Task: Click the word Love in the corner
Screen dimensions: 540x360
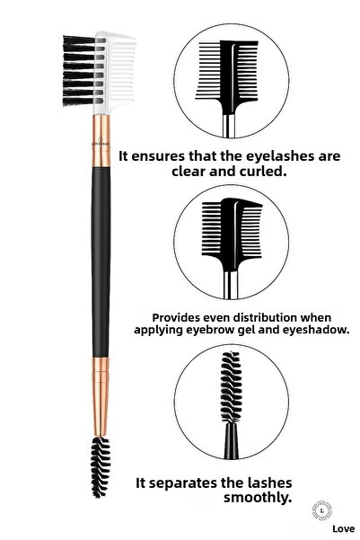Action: click(333, 530)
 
